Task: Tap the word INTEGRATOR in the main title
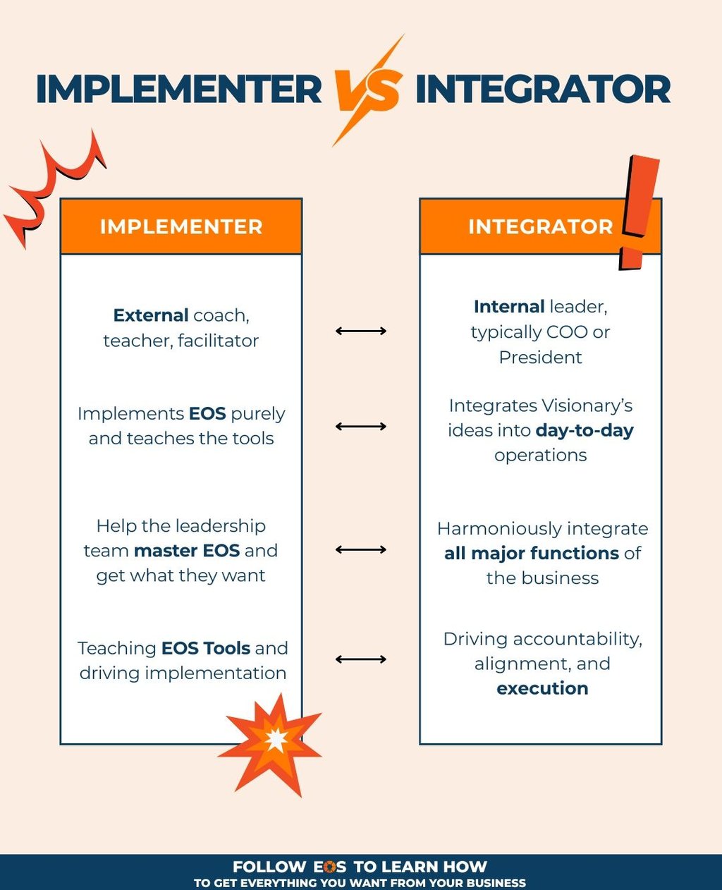(543, 90)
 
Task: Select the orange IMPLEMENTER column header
(181, 226)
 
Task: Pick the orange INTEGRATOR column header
(522, 226)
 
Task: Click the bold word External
(151, 315)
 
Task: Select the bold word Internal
(508, 307)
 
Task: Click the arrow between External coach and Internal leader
(361, 331)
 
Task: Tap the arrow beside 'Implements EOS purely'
(361, 426)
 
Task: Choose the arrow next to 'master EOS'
(361, 549)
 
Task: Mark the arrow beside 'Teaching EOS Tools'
(361, 659)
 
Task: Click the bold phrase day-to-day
(585, 430)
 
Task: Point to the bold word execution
(542, 688)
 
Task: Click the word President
(540, 358)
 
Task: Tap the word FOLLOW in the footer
(269, 867)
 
